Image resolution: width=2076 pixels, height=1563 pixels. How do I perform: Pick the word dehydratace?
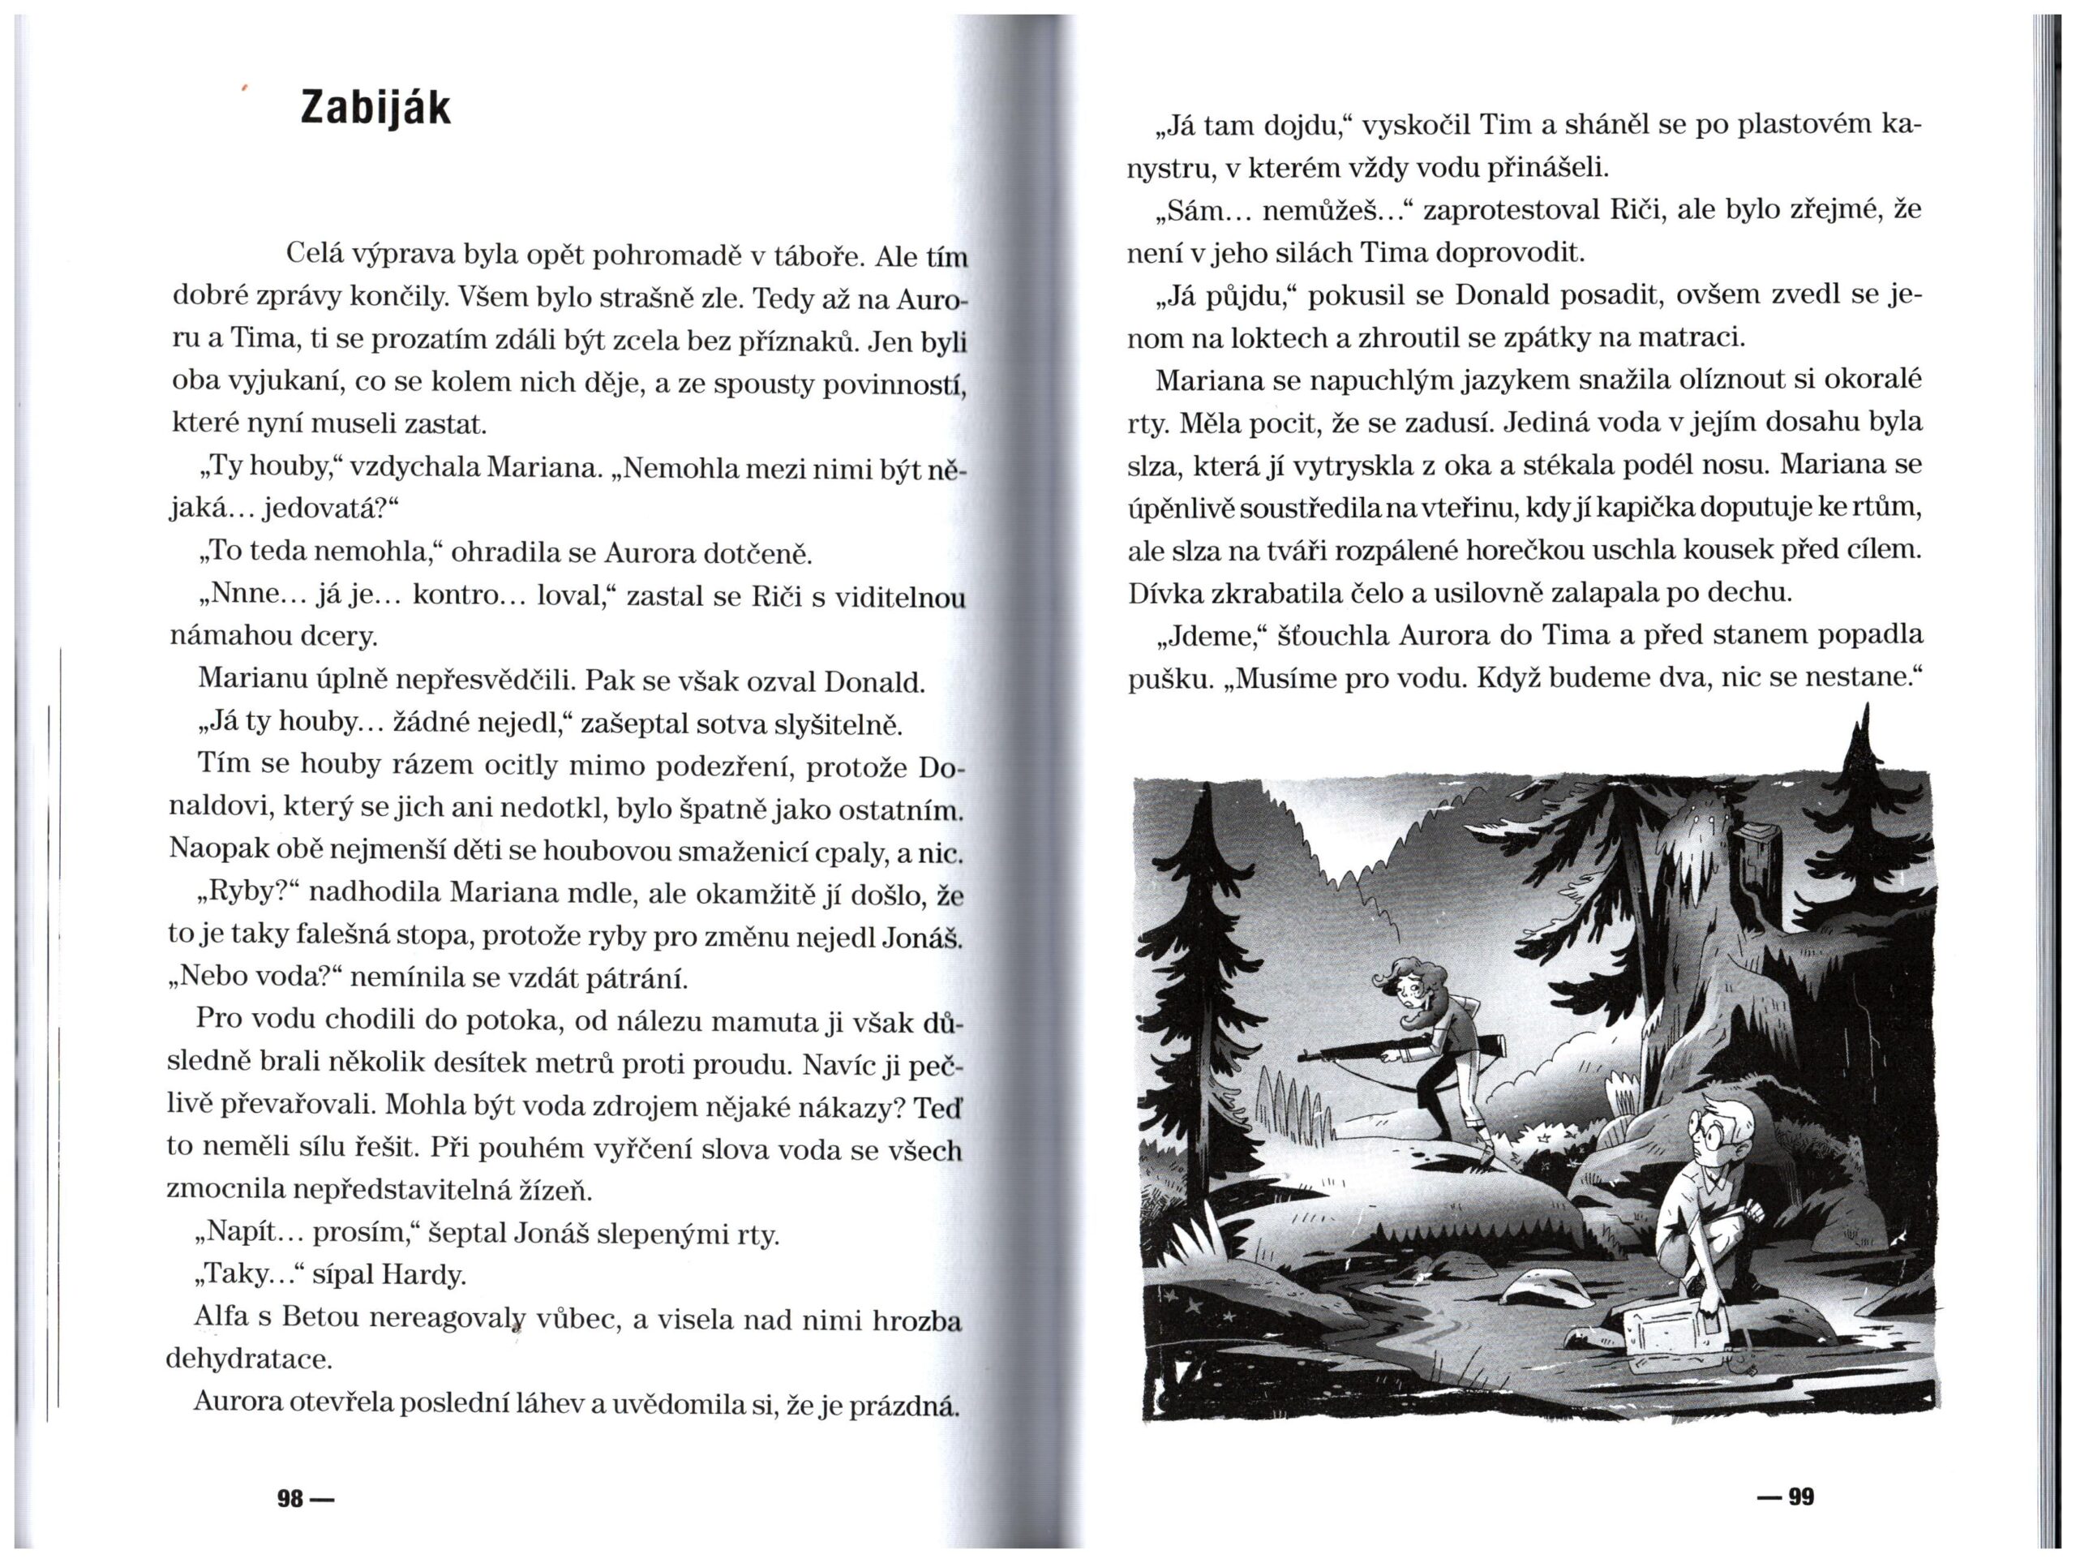pos(248,1359)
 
